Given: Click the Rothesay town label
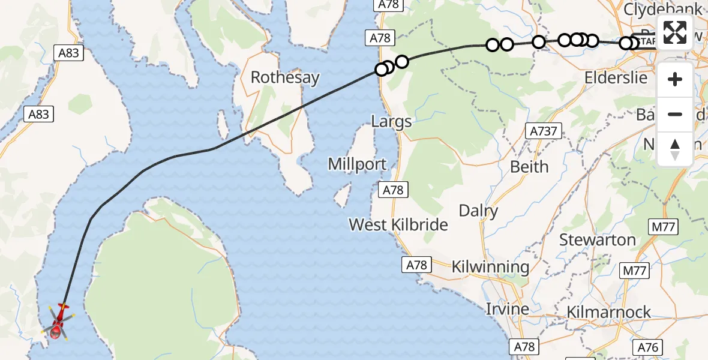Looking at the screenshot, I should point(285,77).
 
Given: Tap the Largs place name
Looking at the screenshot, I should point(391,122).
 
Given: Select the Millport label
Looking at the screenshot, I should point(356,164).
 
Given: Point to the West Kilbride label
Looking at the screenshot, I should point(398,224).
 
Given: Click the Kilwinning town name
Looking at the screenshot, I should point(490,266).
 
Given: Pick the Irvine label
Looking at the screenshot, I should point(507,309).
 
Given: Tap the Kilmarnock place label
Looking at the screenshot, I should point(608,312).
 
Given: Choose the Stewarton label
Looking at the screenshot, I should point(597,240).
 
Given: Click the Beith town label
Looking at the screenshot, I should point(529,166).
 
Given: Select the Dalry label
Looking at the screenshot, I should point(478,211).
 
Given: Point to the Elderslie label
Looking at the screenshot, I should point(616,77).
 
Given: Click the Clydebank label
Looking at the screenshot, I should point(662,10).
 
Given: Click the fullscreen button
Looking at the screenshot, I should point(675,32).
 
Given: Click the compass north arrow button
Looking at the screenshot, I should point(675,149).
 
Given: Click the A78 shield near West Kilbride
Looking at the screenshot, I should point(394,190).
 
